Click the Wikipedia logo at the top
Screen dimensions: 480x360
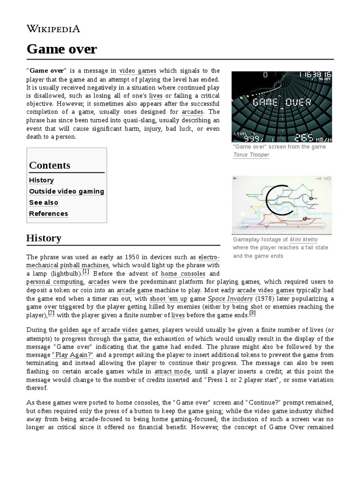tap(53, 29)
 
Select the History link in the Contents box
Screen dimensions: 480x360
tap(41, 180)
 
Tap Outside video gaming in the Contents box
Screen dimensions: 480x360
tap(67, 191)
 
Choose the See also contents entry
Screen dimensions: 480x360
tap(44, 202)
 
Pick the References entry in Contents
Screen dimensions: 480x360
tap(48, 214)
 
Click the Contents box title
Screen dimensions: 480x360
tap(50, 165)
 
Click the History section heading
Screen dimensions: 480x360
tap(44, 238)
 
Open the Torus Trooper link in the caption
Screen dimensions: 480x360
tap(251, 155)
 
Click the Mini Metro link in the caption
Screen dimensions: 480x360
tap(304, 240)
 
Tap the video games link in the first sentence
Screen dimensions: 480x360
tap(138, 70)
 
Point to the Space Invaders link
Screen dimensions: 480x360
tap(230, 298)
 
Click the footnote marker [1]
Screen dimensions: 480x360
tap(86, 271)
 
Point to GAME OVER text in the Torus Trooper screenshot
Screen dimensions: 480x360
tap(282, 103)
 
